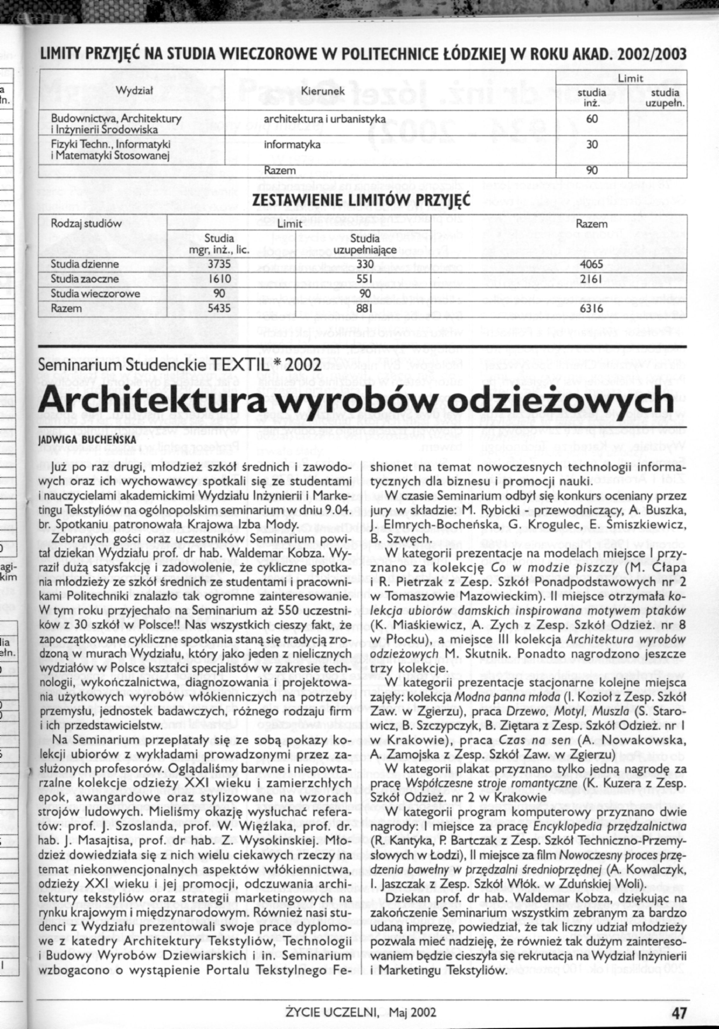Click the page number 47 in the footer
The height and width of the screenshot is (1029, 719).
(x=679, y=1010)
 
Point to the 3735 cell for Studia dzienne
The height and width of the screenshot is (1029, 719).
(x=219, y=264)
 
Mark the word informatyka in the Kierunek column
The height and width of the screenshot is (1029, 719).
(x=292, y=145)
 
